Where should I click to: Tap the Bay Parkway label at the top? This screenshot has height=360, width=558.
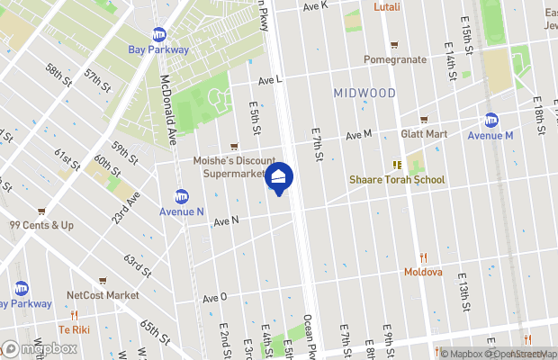click(x=159, y=49)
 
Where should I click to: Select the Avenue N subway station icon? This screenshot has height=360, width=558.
click(x=181, y=196)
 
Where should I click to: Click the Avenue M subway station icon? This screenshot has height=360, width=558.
click(x=491, y=120)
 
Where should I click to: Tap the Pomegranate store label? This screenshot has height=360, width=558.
click(x=394, y=59)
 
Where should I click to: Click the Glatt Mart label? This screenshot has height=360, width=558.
click(x=424, y=134)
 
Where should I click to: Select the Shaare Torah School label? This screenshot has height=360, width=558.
click(x=397, y=180)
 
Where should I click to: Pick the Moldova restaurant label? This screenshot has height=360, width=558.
click(x=423, y=272)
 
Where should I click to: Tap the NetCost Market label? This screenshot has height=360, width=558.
click(x=103, y=295)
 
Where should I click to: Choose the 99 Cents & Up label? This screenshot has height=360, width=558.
click(x=41, y=225)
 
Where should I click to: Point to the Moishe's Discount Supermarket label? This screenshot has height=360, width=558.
click(x=233, y=167)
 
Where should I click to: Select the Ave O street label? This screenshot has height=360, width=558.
click(x=215, y=298)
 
